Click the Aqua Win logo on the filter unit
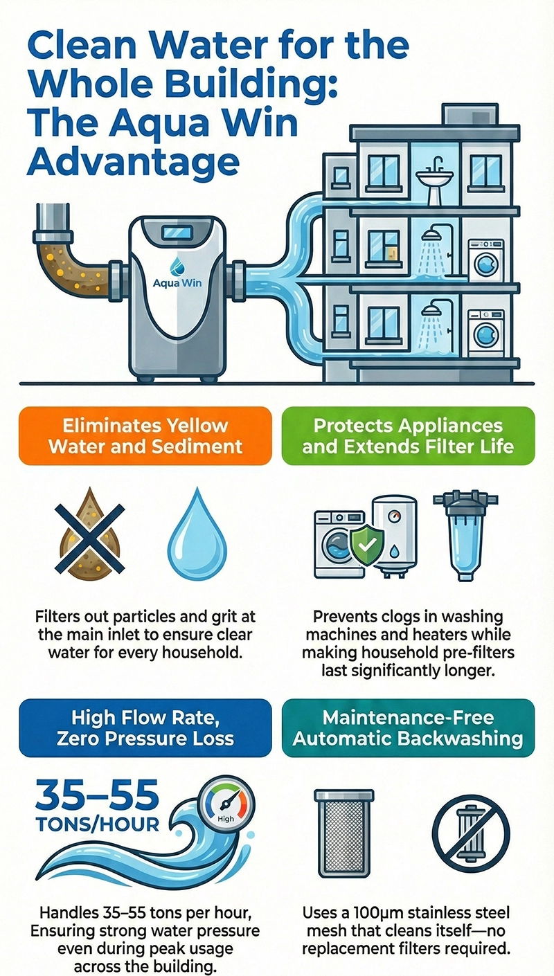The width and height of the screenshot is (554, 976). pos(176,275)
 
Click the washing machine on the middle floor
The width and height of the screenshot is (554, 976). pos(486,260)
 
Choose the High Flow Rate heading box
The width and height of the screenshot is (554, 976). pos(145,728)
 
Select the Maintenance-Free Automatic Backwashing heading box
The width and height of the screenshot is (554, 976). pos(408,728)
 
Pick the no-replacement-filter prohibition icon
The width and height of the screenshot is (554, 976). pos(470,829)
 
